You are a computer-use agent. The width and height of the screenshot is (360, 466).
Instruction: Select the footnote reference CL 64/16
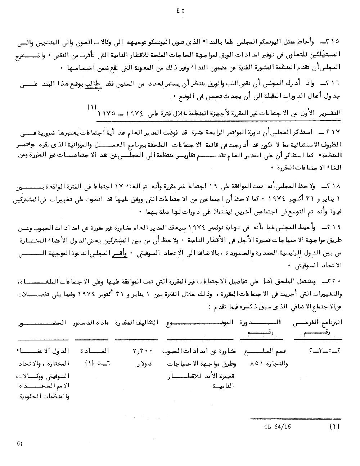[277, 427]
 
